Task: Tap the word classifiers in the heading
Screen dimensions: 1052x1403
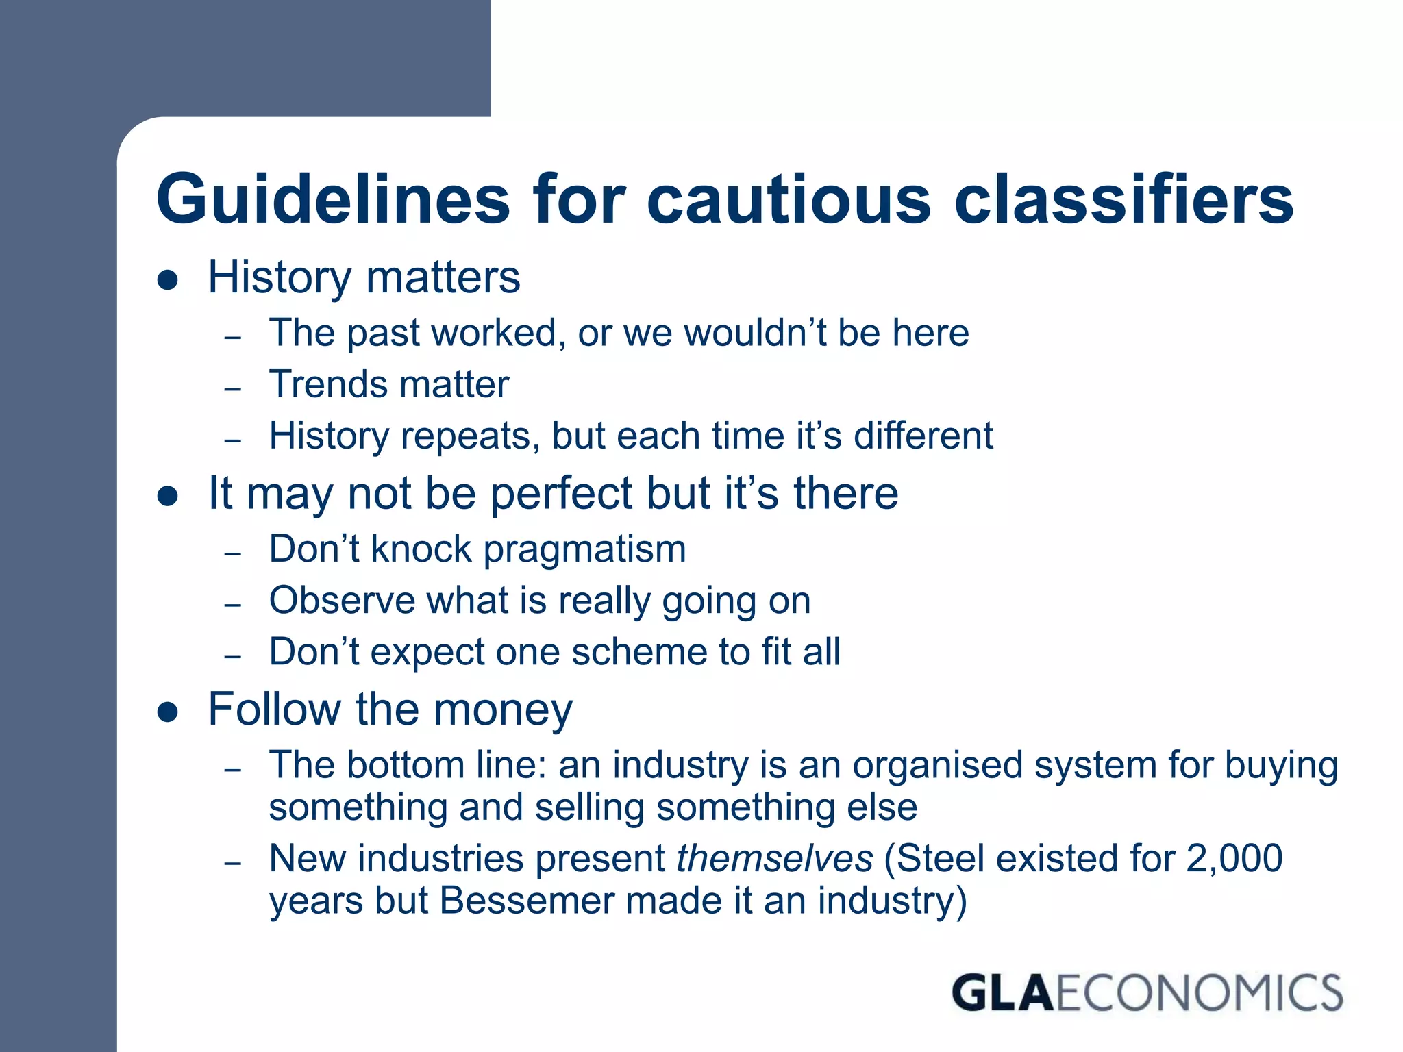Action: click(1123, 199)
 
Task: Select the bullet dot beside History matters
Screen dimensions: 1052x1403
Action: click(168, 280)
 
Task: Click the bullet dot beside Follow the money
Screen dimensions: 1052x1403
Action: click(168, 712)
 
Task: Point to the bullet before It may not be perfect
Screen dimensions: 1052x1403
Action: click(168, 496)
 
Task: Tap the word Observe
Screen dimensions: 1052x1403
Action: click(342, 601)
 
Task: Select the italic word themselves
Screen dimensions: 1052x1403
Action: click(775, 858)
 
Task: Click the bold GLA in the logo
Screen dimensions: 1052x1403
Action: click(1002, 993)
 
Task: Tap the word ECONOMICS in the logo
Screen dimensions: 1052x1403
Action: click(1199, 993)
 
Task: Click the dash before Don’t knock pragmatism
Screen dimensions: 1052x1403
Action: click(233, 553)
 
